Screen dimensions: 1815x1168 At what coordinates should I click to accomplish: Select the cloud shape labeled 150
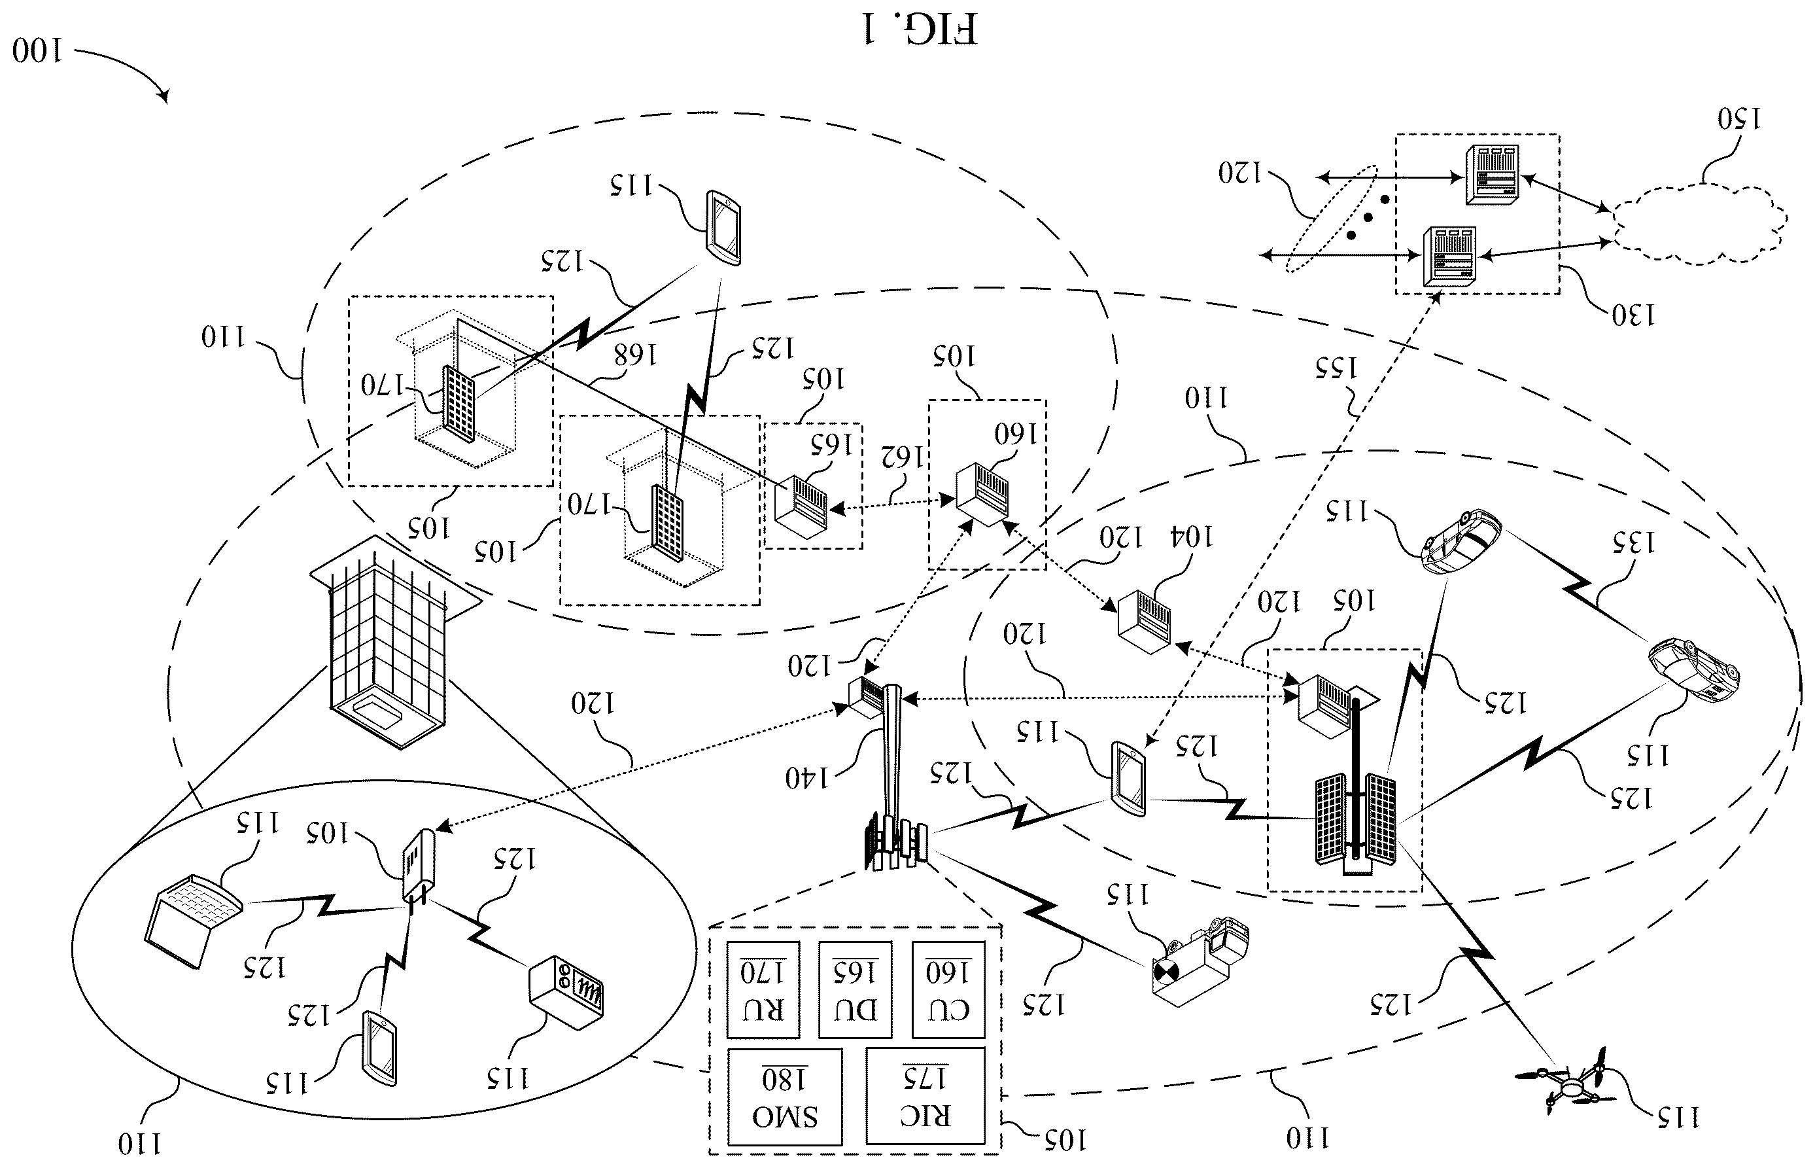tap(1698, 224)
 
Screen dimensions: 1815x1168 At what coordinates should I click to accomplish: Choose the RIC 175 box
tap(925, 1096)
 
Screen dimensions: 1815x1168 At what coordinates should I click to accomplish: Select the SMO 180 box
tap(785, 1097)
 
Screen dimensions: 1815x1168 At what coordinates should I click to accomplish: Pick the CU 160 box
tap(948, 990)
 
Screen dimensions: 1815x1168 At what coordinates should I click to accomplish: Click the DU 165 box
tap(856, 990)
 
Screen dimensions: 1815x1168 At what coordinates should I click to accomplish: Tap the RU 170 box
tap(763, 990)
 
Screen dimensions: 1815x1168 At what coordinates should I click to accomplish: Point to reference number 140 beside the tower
tap(808, 777)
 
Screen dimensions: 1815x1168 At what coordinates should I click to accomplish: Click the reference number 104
tap(1192, 537)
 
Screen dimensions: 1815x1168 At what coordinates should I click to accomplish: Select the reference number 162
tap(902, 456)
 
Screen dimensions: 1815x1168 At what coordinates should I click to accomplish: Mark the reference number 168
tap(634, 353)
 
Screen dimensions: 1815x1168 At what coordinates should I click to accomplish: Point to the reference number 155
tap(1336, 368)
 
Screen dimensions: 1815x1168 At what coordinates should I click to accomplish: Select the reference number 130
tap(1633, 315)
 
